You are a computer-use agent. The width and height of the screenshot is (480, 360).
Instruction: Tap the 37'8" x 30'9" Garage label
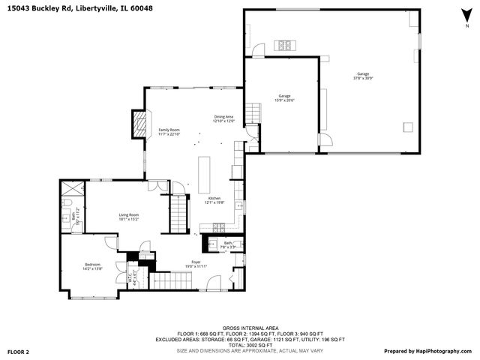[362, 76]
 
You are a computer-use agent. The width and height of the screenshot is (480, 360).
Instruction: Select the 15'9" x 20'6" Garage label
[285, 97]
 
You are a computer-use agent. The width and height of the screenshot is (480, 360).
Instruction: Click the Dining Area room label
[224, 118]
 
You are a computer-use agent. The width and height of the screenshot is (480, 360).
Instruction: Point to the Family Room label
[169, 132]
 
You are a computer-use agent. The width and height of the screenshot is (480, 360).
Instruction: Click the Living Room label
[128, 217]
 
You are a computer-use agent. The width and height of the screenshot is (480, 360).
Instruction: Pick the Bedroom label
[93, 265]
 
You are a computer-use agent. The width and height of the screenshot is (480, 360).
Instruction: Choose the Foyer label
[195, 264]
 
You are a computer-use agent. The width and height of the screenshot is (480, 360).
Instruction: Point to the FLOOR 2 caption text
[18, 351]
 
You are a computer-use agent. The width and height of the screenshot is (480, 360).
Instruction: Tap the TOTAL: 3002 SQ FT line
[240, 344]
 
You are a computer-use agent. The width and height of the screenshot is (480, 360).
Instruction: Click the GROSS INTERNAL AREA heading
[240, 328]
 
